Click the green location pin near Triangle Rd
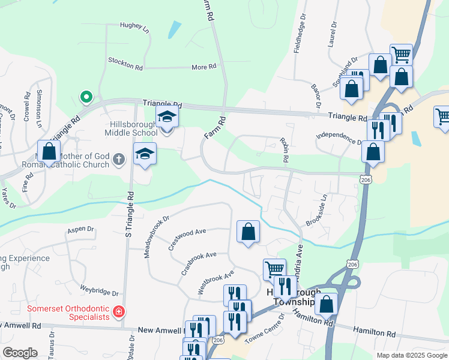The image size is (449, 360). point(86,96)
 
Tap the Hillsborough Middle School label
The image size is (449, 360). point(130,127)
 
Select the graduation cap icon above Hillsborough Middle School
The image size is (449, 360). point(167,118)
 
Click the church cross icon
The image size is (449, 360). point(119,160)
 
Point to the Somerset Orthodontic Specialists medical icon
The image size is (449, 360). point(119,312)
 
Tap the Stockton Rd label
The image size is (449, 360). point(125,64)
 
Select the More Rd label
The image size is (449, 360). point(203,67)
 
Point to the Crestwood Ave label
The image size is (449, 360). point(187,239)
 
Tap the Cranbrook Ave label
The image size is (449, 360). point(198,263)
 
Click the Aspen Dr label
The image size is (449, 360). point(82,229)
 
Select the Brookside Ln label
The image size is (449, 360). point(317,210)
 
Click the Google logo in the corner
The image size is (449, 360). point(20,352)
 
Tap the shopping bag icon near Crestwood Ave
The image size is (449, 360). point(248,232)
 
